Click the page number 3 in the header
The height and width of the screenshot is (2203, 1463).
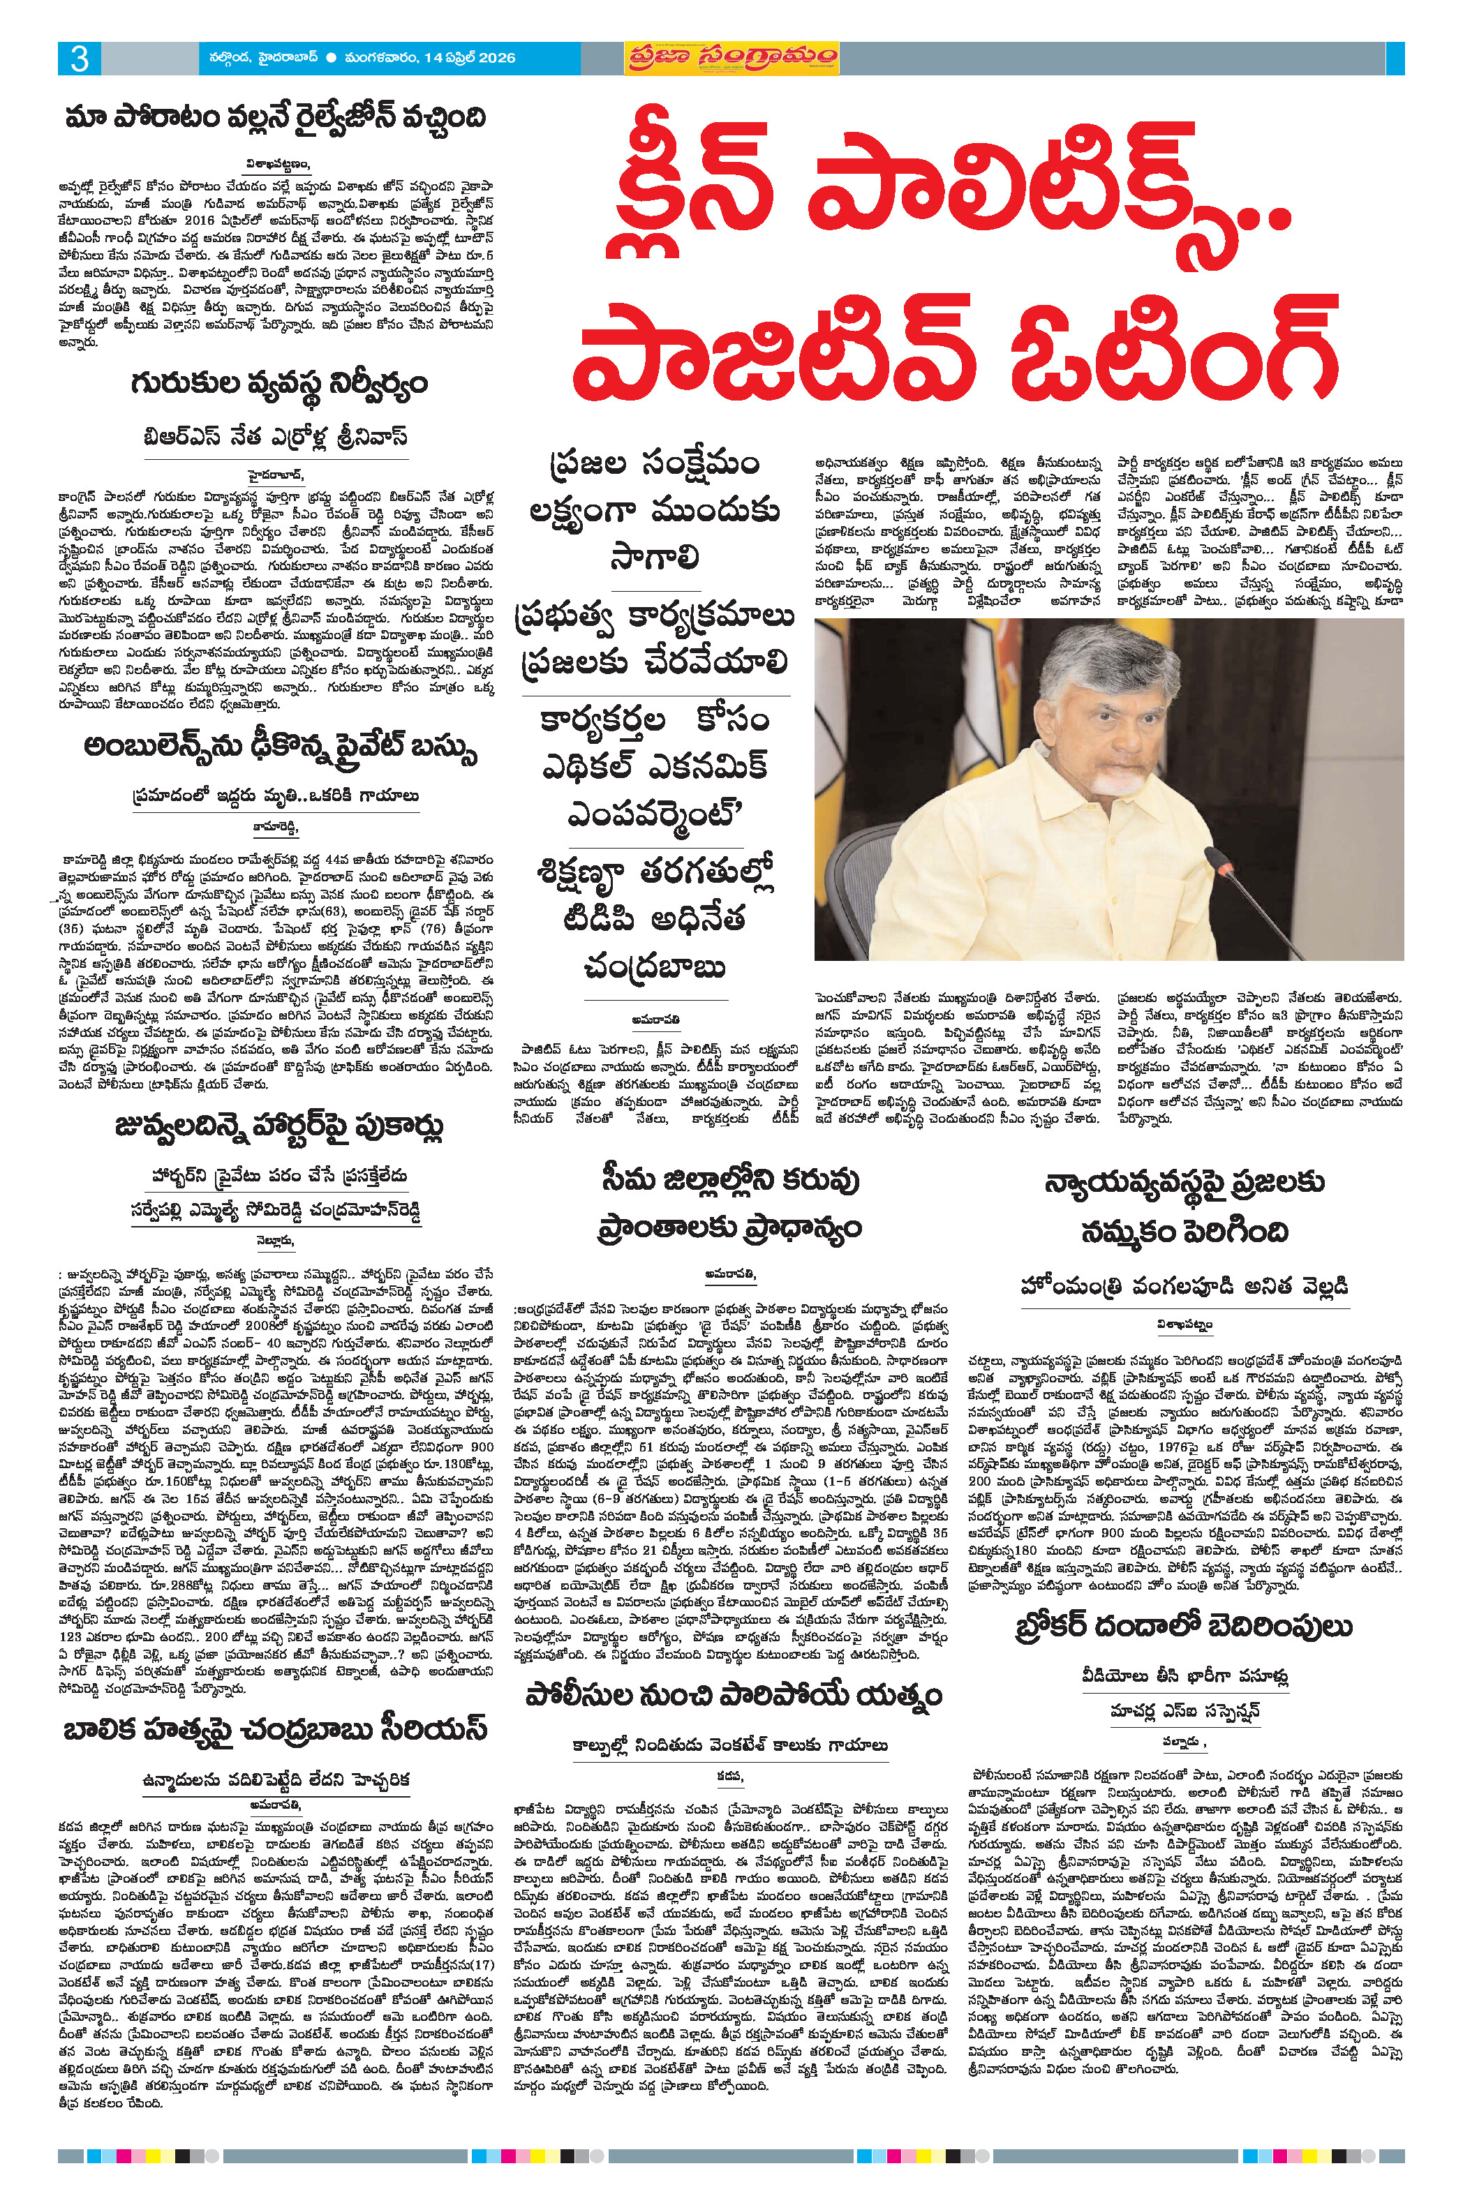80,59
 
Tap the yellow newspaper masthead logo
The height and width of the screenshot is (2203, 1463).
731,58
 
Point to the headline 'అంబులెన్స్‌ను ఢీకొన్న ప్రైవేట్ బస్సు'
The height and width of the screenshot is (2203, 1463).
280,749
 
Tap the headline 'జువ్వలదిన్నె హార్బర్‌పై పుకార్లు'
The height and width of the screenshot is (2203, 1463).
279,1127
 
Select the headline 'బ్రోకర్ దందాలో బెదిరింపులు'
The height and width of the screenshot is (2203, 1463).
1183,1627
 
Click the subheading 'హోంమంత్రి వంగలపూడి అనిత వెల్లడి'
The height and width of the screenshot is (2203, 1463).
1184,1286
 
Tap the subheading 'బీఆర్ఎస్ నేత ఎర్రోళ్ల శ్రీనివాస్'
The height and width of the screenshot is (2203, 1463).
276,438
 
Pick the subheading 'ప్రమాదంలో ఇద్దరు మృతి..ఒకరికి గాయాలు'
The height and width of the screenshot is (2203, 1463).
276,796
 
